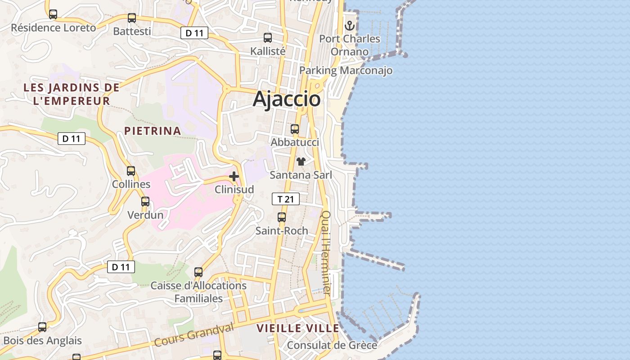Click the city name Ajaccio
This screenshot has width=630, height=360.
(287, 99)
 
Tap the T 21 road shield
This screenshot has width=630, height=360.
(285, 199)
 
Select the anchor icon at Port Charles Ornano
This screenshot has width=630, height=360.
(350, 26)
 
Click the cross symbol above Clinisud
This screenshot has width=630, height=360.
(234, 176)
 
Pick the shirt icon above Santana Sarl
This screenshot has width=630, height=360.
(301, 162)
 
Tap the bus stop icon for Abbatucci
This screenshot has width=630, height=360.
(295, 129)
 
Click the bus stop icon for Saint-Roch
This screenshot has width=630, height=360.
(282, 217)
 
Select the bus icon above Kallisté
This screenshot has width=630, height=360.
(268, 38)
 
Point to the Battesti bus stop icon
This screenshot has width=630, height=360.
(132, 18)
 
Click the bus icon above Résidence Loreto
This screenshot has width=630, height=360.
(53, 14)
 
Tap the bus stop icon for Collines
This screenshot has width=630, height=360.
(131, 171)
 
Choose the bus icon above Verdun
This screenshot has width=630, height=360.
(145, 202)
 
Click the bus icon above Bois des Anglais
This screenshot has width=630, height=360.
(42, 327)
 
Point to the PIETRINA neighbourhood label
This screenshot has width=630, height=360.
(153, 131)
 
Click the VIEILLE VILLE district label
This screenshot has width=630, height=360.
(298, 328)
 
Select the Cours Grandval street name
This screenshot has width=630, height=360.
(194, 335)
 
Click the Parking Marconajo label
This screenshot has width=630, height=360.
(346, 71)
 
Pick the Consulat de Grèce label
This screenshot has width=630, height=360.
(332, 345)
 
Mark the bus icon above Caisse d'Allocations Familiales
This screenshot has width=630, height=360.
(198, 272)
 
